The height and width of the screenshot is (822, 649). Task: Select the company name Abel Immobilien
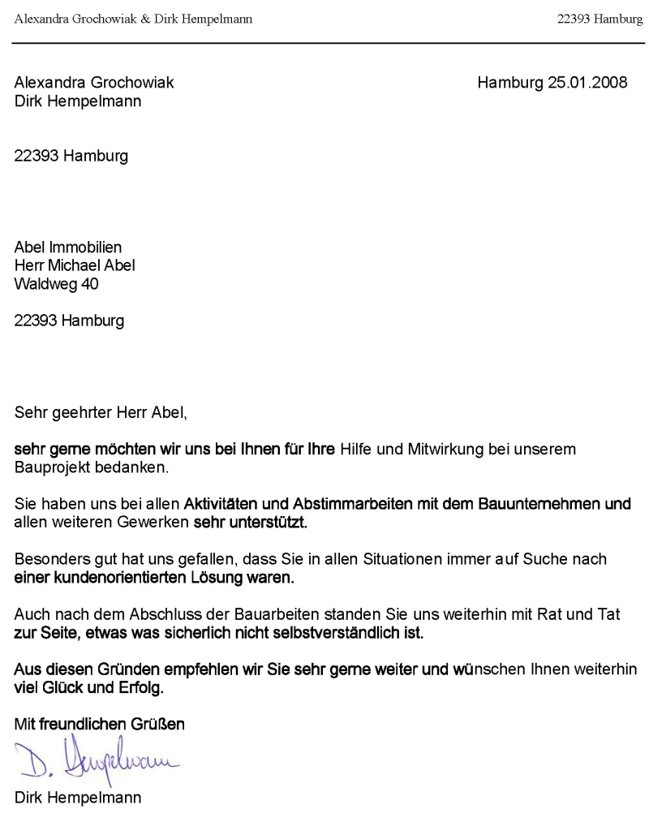[68, 247]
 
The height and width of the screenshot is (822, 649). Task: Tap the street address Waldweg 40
[57, 283]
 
